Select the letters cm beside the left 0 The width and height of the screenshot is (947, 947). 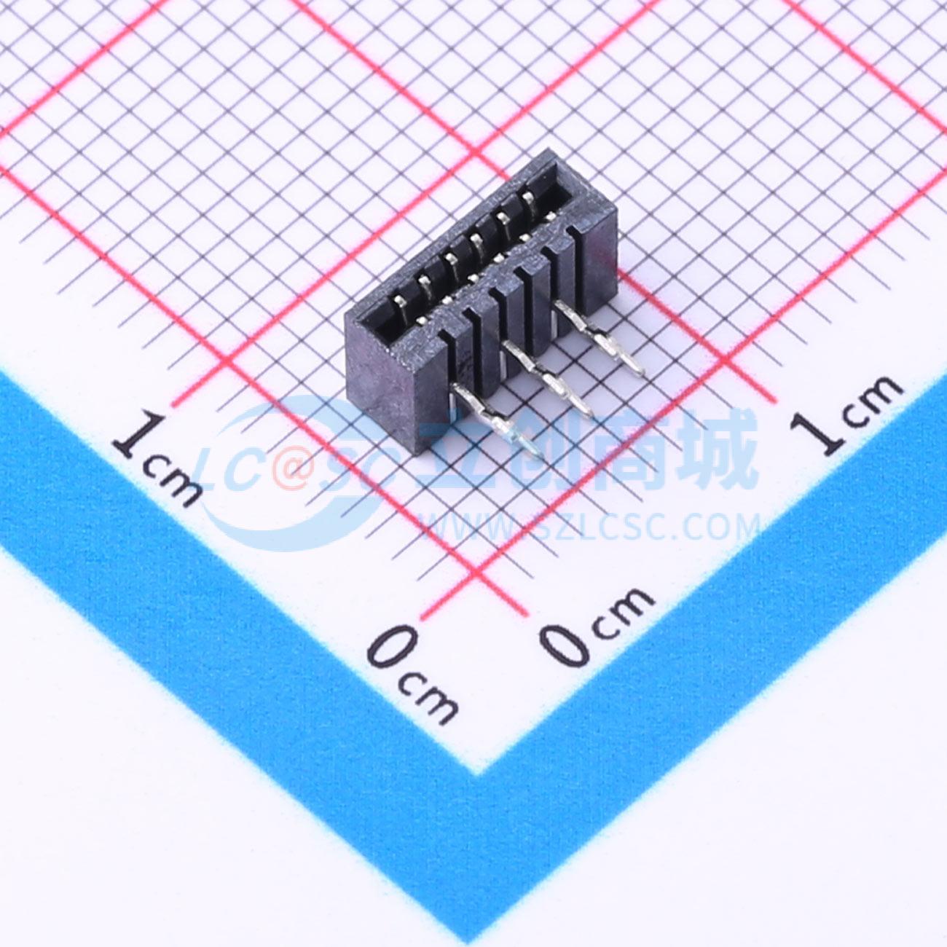click(428, 698)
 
